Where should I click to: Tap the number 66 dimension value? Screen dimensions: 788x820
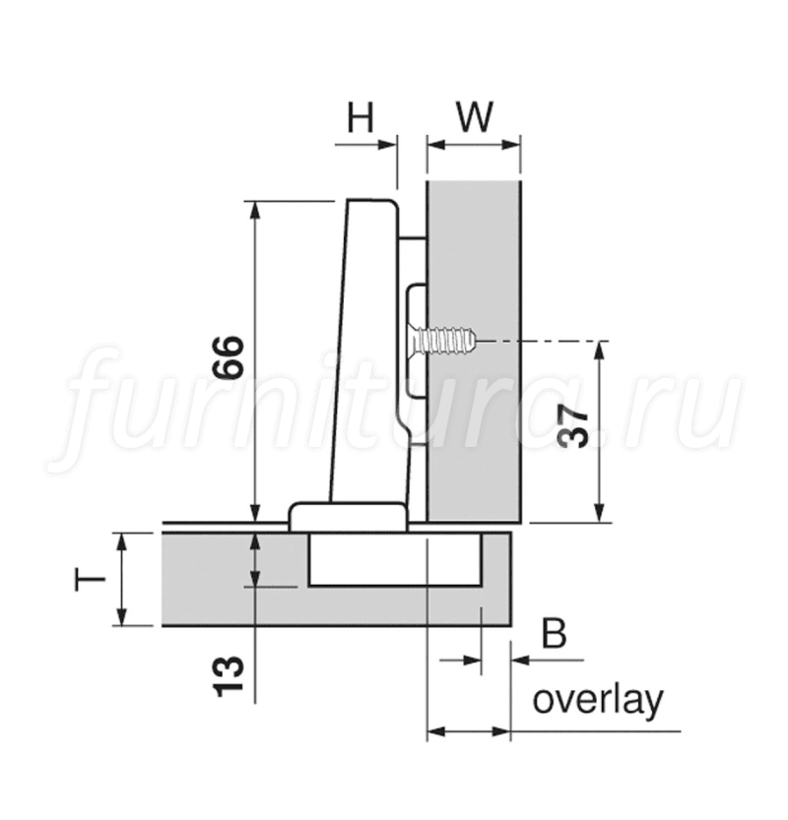(229, 357)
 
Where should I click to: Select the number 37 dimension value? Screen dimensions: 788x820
(573, 428)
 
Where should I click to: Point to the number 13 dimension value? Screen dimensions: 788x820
(230, 675)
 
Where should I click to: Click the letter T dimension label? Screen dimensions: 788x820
(91, 579)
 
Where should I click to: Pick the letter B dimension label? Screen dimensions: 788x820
(555, 634)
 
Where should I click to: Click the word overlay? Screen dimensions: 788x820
(598, 701)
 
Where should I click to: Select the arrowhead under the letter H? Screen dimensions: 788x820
(387, 145)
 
